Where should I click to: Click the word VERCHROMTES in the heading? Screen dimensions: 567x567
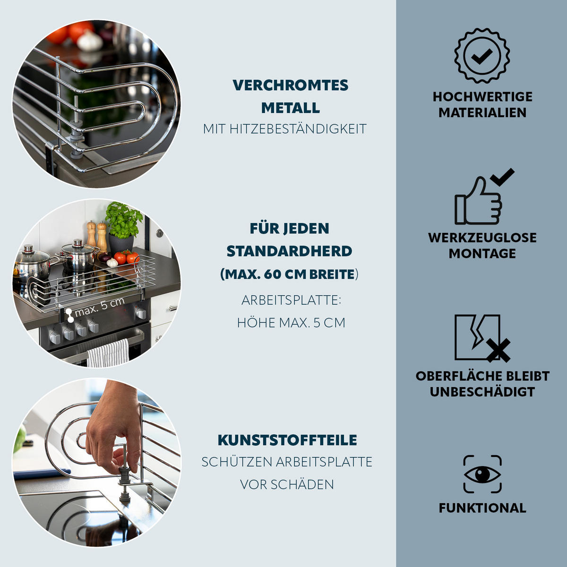click(x=290, y=86)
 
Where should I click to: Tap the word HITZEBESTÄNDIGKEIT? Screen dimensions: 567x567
click(x=298, y=129)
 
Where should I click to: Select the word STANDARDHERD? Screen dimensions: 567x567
click(x=289, y=251)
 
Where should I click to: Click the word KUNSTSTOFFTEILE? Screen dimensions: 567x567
click(x=287, y=440)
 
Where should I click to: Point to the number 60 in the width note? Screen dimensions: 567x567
click(x=272, y=274)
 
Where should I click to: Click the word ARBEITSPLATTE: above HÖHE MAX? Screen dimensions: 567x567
click(x=291, y=300)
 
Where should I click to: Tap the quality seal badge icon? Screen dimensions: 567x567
click(x=482, y=55)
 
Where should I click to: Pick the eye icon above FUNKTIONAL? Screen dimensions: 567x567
click(x=482, y=474)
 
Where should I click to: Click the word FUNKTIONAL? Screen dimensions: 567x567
click(x=482, y=508)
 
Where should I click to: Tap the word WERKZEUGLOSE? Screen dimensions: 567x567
click(x=482, y=238)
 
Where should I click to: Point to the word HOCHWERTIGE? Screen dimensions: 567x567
click(x=482, y=97)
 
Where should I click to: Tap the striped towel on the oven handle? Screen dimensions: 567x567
click(x=108, y=353)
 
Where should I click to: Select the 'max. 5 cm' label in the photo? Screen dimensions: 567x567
click(x=100, y=307)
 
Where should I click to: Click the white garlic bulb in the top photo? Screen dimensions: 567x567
click(x=90, y=41)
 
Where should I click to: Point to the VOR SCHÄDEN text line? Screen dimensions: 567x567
click(x=287, y=484)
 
